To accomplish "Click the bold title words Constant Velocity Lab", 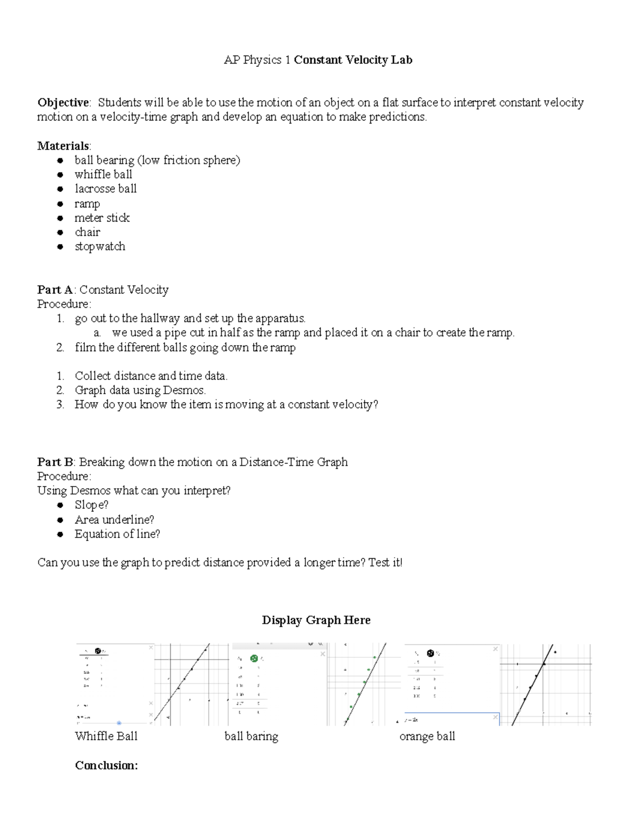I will click(353, 60).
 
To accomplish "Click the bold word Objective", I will click(63, 102).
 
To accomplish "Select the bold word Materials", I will click(63, 146).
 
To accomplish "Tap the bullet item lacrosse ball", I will click(106, 189).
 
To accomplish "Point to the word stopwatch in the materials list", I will click(100, 246).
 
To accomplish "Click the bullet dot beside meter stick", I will click(61, 218).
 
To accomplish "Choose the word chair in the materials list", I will click(87, 232).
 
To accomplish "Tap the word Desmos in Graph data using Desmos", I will click(186, 390).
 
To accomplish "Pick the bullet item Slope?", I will click(91, 505).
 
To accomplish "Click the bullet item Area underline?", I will click(114, 519).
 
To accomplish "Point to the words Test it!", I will click(385, 562).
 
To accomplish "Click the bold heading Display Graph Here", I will click(316, 620).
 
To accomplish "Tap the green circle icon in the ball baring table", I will click(254, 658).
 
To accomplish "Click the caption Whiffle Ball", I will click(106, 736).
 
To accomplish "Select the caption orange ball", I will click(427, 736).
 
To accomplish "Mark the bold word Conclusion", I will click(106, 765).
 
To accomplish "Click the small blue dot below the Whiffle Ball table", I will click(119, 723).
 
